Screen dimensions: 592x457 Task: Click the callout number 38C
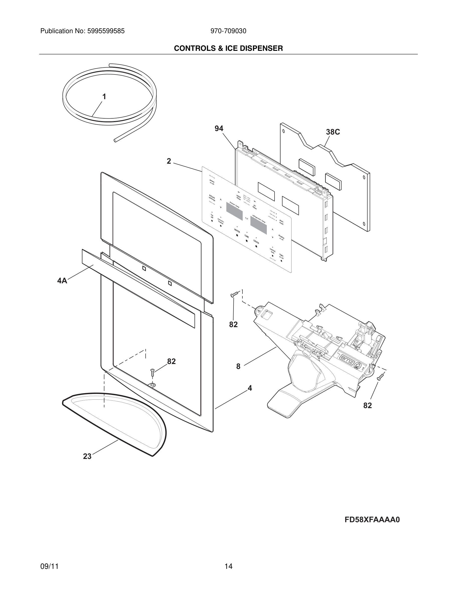333,132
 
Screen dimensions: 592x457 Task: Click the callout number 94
219,129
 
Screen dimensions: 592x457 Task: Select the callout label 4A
62,281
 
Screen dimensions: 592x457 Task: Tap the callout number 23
87,456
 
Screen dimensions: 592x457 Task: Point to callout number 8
238,367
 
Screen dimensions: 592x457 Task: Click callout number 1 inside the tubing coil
104,97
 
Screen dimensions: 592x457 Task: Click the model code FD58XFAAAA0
372,520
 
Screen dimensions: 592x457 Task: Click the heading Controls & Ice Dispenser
228,48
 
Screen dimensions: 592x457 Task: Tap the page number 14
228,566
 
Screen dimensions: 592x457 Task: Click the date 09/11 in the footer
49,566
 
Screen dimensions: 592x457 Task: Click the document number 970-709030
228,31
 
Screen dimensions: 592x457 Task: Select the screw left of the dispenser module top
234,294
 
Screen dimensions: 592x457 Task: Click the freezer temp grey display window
234,211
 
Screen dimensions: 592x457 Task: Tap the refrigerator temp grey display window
259,225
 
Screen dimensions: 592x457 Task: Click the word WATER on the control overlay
237,231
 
